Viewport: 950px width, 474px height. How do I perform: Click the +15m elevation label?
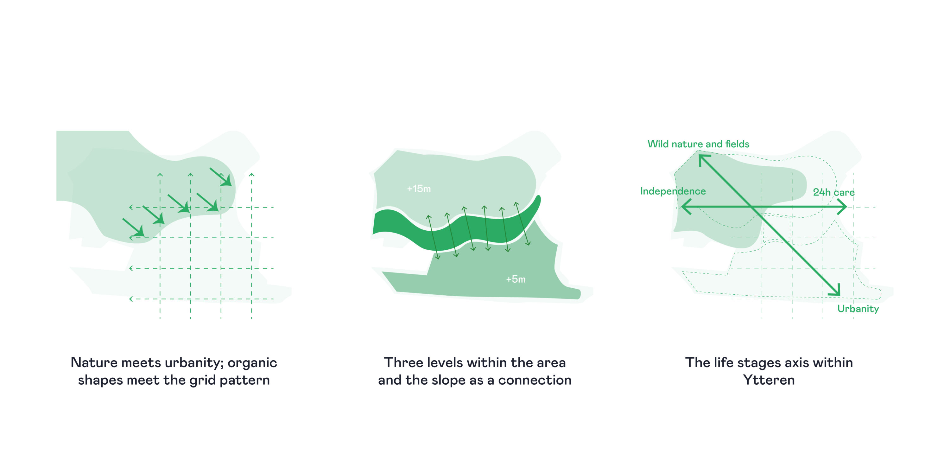[419, 189]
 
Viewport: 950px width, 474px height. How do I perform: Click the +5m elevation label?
[516, 279]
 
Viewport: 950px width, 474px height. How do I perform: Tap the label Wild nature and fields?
[698, 144]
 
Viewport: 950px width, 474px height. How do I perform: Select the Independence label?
[673, 191]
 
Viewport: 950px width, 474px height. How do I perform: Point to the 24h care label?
[833, 192]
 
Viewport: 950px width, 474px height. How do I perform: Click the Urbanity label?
[858, 309]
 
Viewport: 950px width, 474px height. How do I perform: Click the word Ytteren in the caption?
[769, 380]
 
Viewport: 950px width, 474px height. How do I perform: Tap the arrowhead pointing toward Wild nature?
[704, 159]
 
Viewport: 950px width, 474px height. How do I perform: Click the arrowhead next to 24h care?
[842, 207]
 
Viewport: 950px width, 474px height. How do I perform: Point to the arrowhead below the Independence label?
[685, 207]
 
